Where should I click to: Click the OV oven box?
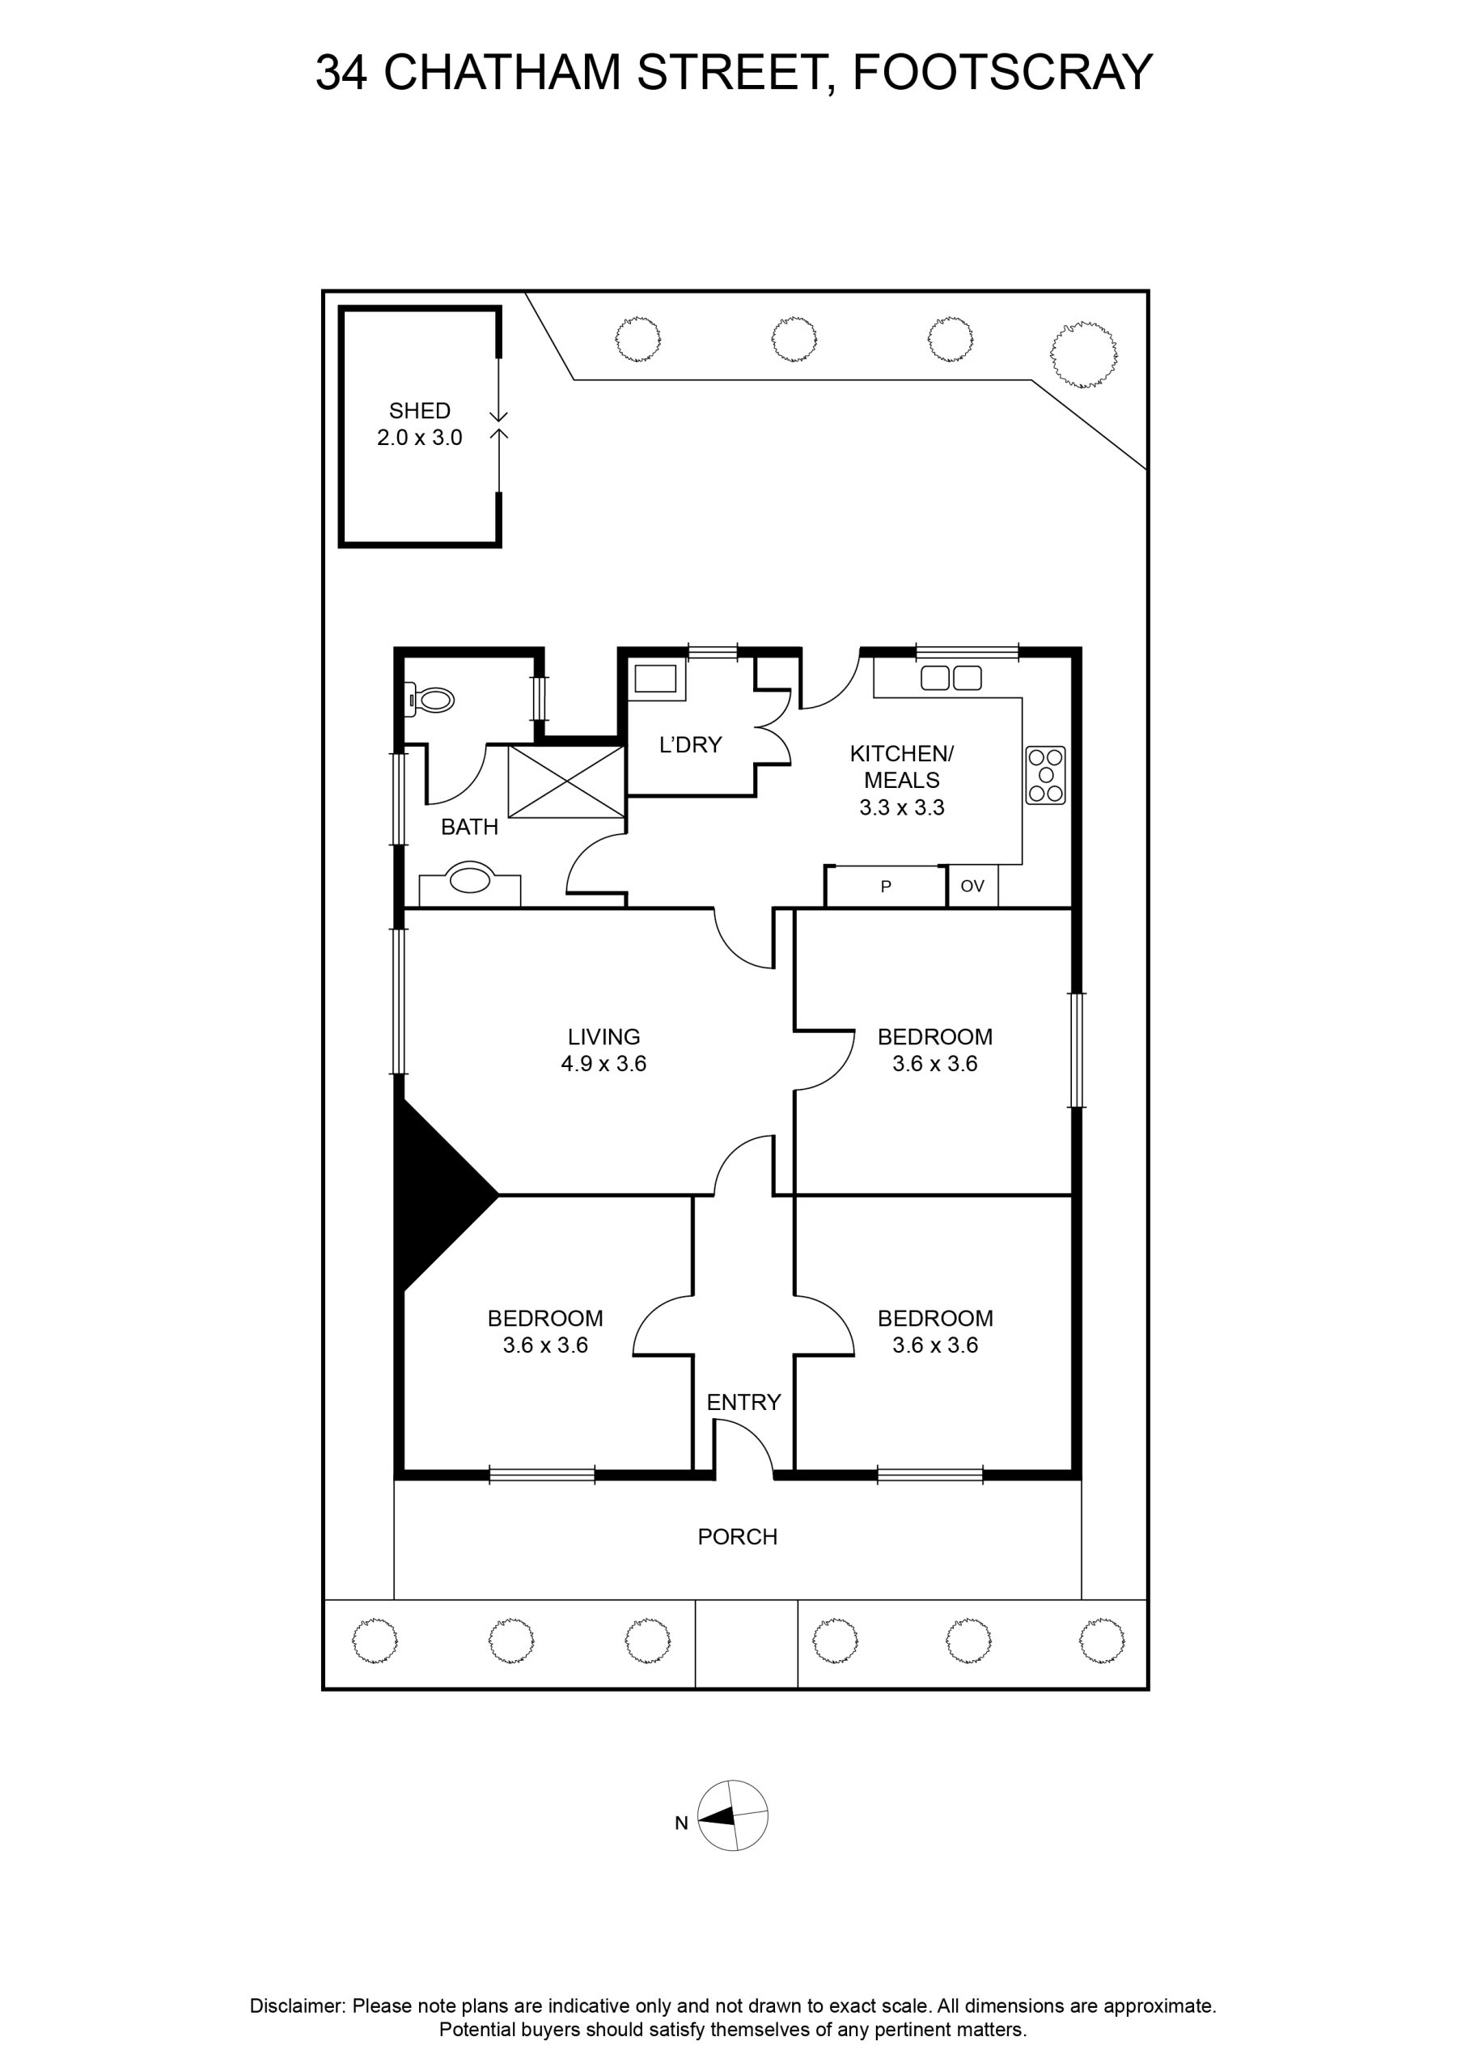point(972,886)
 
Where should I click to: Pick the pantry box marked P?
point(886,886)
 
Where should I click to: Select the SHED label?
point(420,411)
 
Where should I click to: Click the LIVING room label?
point(603,1037)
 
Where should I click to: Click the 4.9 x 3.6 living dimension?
point(603,1064)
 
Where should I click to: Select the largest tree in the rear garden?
point(1084,354)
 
